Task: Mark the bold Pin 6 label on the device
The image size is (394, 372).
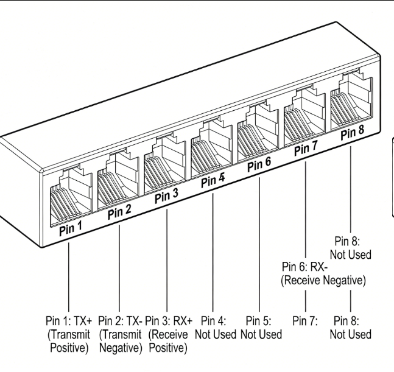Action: coord(260,164)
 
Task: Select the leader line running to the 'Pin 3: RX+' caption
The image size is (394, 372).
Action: coord(166,262)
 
